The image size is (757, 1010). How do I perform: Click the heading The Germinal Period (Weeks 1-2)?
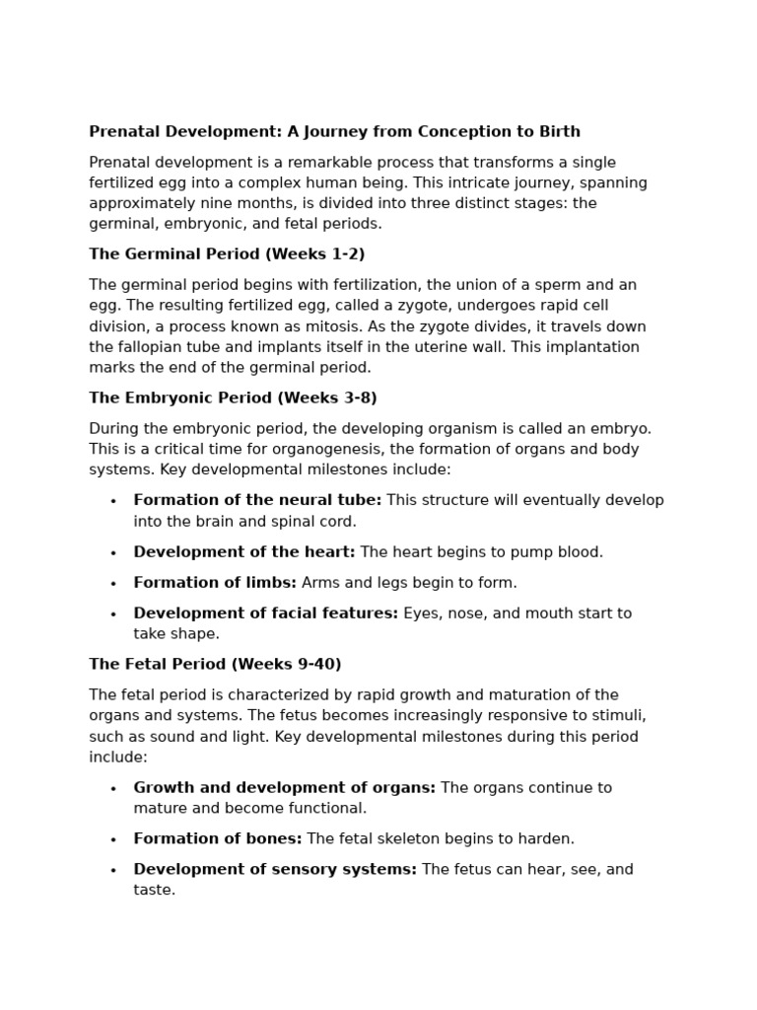[x=227, y=254]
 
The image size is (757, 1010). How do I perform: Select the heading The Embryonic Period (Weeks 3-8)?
[x=233, y=398]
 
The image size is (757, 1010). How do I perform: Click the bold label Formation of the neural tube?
[x=257, y=501]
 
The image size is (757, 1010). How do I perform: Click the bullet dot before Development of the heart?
[x=113, y=553]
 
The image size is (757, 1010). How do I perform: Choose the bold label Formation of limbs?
[x=215, y=583]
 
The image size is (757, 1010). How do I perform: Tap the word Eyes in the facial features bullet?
[x=421, y=613]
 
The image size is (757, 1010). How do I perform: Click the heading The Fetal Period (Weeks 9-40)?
[x=215, y=665]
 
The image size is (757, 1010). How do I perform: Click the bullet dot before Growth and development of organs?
[x=113, y=789]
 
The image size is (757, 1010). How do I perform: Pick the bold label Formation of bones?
[x=218, y=839]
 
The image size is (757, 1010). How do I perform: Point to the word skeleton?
[x=410, y=839]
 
